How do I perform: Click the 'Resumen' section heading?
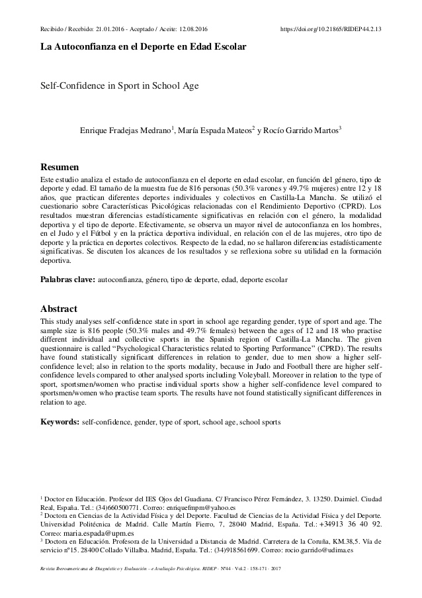coord(60,166)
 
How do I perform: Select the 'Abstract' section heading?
coord(59,309)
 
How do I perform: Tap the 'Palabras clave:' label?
coord(68,280)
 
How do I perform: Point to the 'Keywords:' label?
coord(60,421)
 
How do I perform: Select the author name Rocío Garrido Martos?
coord(302,130)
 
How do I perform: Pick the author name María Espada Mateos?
coord(214,130)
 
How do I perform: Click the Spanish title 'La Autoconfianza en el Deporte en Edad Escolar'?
coord(143,48)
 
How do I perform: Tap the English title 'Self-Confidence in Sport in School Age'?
coord(119,85)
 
